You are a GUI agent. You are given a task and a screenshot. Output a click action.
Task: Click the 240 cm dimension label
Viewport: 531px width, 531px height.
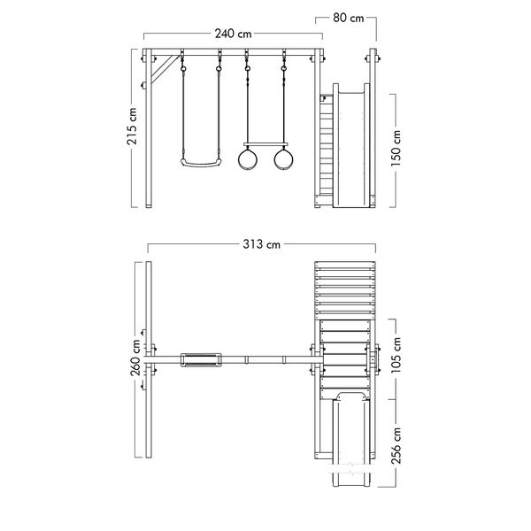[233, 34]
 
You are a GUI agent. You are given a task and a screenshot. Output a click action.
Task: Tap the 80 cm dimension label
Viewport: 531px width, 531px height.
[348, 18]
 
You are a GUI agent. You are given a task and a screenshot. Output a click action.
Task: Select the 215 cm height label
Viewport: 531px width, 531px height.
[132, 127]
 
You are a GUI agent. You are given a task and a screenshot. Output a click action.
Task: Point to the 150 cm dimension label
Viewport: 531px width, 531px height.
[396, 148]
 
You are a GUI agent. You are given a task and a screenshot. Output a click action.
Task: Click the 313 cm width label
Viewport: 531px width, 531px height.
[261, 244]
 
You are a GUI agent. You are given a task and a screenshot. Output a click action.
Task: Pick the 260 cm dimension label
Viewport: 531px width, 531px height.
[135, 358]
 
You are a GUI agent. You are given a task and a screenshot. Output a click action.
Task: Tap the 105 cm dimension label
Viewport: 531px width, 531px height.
[396, 355]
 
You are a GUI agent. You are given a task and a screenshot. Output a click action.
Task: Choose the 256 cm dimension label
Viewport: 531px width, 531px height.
[396, 446]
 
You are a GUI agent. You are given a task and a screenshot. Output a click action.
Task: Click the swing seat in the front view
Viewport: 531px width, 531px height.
[201, 164]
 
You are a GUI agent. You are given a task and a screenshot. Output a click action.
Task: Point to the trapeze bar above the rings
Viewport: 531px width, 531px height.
[265, 144]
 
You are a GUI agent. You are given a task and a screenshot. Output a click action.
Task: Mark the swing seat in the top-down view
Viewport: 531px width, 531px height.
[201, 360]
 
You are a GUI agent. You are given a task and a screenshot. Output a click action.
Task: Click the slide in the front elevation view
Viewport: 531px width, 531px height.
[350, 146]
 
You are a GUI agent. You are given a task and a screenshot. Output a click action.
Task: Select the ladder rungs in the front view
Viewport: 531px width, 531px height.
[327, 146]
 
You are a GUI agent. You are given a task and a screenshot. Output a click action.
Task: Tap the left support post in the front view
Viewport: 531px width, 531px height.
[149, 128]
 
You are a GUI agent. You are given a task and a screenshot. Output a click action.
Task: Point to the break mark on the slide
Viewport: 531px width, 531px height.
[352, 468]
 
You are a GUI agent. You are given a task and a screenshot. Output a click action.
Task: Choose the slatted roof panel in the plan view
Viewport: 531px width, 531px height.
[345, 290]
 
